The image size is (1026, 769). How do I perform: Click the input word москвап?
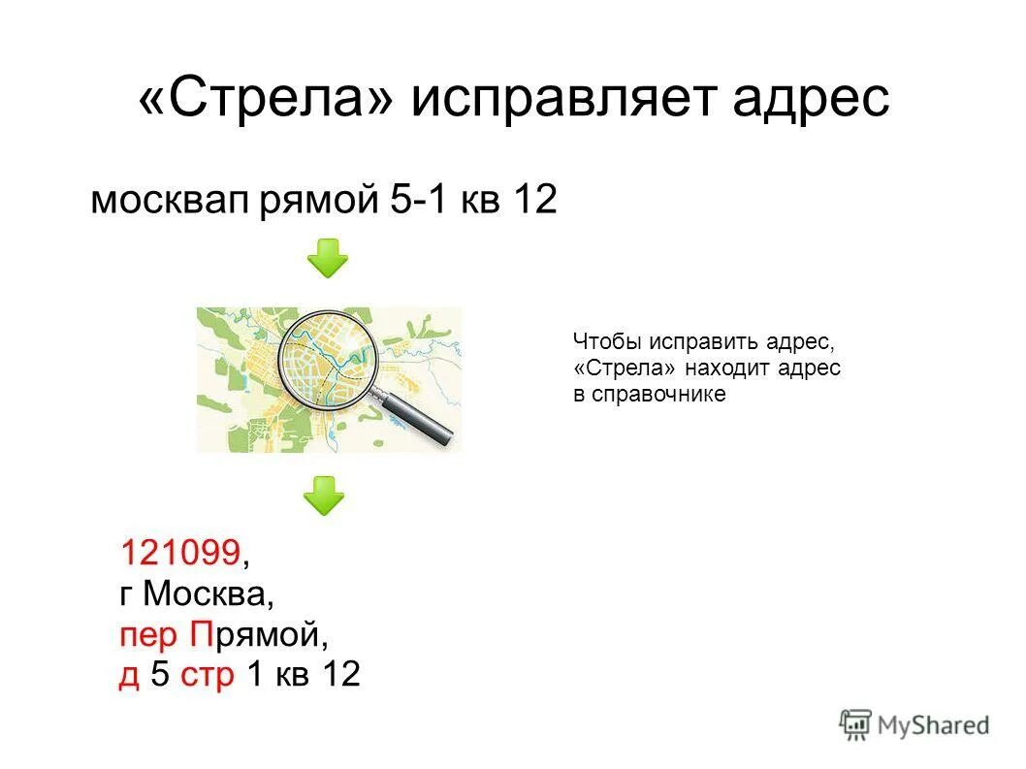[x=171, y=201]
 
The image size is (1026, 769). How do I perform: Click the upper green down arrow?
[x=328, y=258]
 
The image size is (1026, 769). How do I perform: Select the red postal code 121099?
[x=179, y=553]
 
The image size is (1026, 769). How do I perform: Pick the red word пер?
[x=148, y=636]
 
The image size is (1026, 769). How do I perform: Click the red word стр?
[x=207, y=675]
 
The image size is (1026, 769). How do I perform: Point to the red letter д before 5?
[x=129, y=676]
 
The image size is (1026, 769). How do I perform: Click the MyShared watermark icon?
[x=855, y=723]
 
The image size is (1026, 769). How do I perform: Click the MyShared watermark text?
[x=933, y=724]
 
